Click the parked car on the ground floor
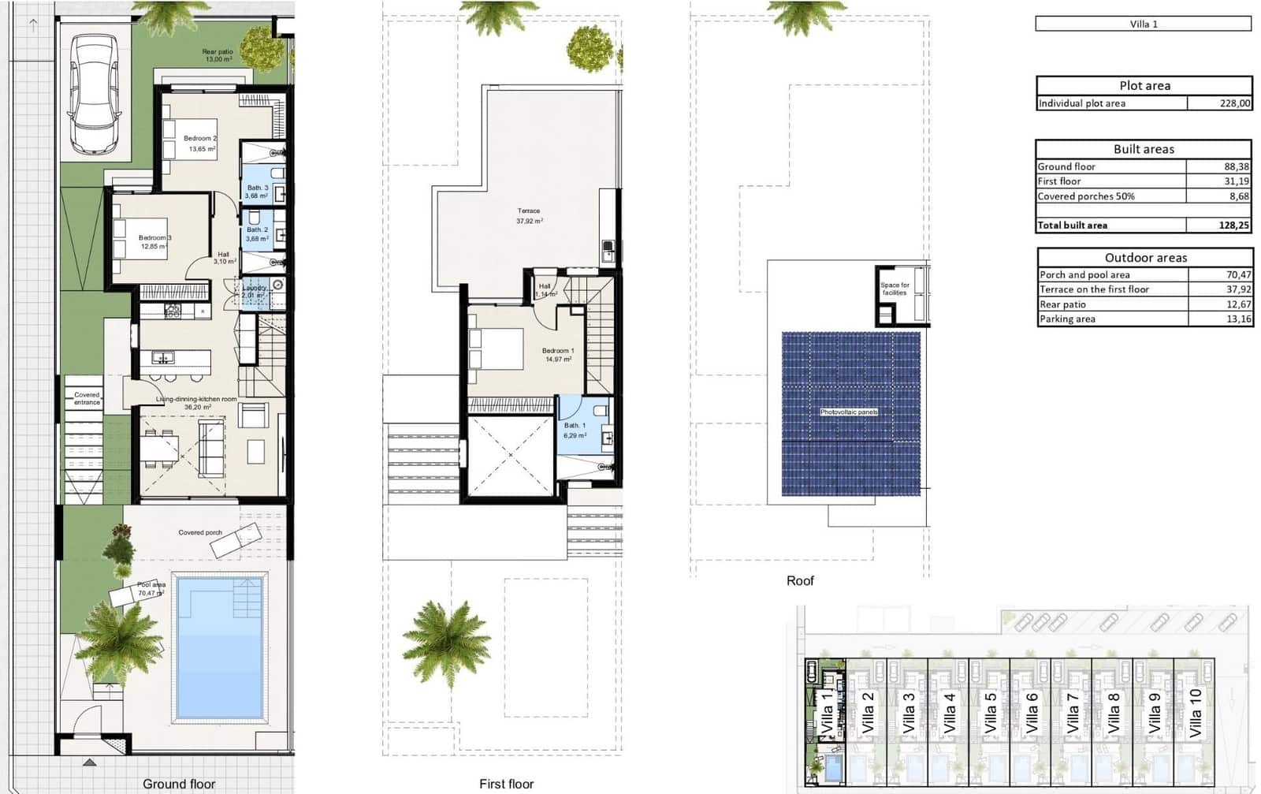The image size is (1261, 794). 95,95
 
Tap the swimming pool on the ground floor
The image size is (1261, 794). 219,647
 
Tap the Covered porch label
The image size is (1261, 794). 200,532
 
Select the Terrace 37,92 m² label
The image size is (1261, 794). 529,215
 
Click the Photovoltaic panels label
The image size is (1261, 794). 849,412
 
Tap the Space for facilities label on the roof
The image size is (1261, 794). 895,289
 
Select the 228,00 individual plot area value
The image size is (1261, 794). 1234,103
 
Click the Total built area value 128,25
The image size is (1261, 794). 1233,226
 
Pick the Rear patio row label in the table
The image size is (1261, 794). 1062,304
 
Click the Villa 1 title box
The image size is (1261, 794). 1144,24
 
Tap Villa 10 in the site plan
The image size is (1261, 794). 1196,712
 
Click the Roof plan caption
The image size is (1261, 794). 800,580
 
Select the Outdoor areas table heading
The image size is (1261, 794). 1145,258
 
